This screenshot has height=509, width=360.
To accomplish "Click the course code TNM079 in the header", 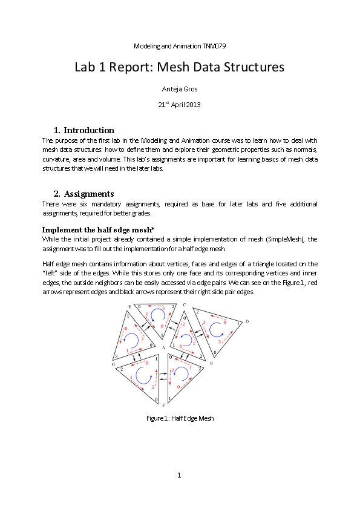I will (x=215, y=46).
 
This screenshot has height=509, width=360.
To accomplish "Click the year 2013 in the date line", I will (x=192, y=104).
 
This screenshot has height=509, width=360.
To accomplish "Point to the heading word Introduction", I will (x=89, y=130).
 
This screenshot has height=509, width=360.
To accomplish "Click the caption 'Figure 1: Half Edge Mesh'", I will (x=180, y=418).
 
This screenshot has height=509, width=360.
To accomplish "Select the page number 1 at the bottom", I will (x=180, y=475).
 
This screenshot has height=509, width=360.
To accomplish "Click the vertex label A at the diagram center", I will (x=165, y=348).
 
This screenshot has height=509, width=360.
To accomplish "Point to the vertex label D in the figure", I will (x=247, y=321).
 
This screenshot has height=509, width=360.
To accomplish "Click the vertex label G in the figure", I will (x=113, y=365).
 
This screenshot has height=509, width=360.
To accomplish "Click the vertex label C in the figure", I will (x=184, y=305).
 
